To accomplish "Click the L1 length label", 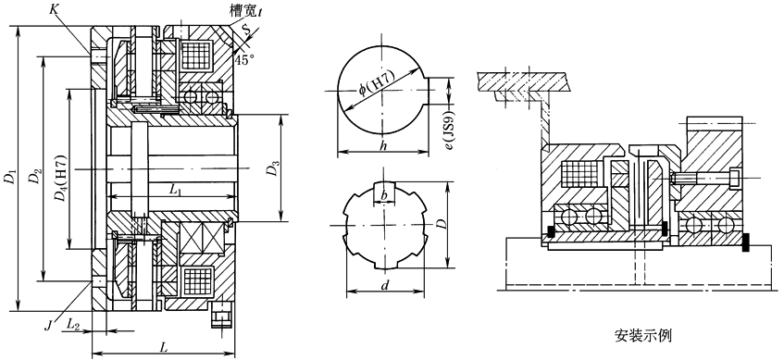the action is pyautogui.click(x=175, y=190).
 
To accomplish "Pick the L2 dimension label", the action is pyautogui.click(x=73, y=324).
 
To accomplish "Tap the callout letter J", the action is pyautogui.click(x=48, y=327).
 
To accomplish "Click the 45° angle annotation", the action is pyautogui.click(x=244, y=59).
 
